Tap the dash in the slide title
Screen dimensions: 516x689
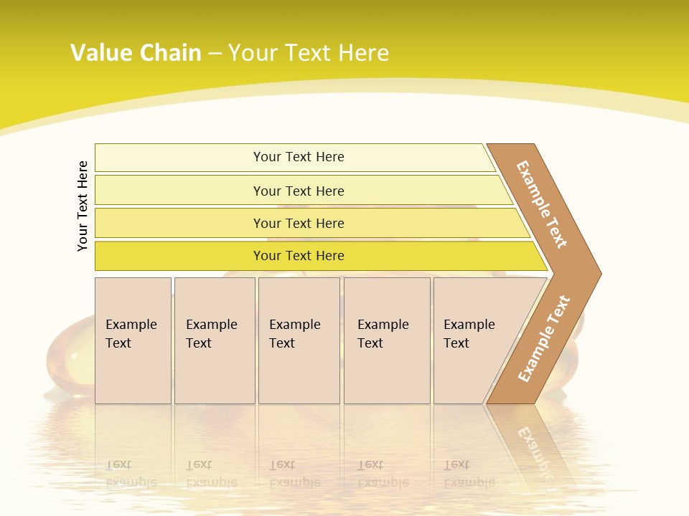tap(215, 54)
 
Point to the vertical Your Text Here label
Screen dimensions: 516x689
tap(83, 206)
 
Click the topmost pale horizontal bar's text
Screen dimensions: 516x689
tap(299, 157)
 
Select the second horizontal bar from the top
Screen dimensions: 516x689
tap(299, 191)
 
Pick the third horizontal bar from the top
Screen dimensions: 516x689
tap(299, 224)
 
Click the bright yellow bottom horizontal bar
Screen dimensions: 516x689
tap(299, 256)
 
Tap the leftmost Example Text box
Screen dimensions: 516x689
tap(133, 340)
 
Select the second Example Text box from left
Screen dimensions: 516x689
tap(214, 340)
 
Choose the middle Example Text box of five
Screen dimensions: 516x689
tap(299, 340)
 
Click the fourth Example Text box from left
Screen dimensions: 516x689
tap(386, 340)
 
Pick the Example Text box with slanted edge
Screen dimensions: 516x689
tap(474, 340)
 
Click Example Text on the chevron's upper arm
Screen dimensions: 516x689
tap(542, 204)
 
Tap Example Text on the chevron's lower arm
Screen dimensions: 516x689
tap(543, 338)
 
